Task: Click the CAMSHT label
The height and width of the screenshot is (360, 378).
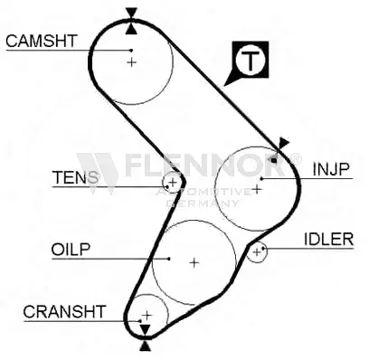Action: point(41,41)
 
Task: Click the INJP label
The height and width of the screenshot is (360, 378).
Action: point(332,168)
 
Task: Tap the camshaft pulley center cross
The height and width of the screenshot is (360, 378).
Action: point(132,62)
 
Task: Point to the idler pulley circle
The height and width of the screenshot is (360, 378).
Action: point(259,251)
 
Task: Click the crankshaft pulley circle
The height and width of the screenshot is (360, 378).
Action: point(146,312)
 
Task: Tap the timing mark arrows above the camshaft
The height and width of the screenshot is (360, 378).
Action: point(133,14)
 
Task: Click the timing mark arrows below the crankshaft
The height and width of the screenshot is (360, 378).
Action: point(145,340)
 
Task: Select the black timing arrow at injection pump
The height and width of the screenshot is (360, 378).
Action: point(282,143)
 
